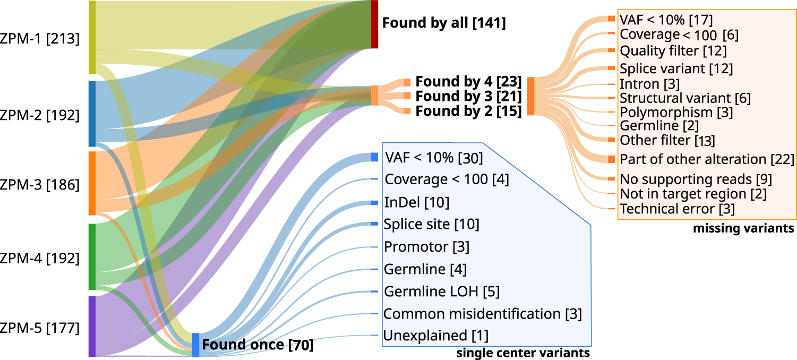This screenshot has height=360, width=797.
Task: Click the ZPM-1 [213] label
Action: click(40, 39)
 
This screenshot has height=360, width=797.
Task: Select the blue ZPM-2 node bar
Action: click(92, 114)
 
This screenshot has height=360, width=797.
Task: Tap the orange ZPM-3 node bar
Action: click(92, 183)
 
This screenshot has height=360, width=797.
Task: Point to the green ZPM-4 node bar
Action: click(92, 256)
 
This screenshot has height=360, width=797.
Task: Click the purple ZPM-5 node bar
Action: click(92, 326)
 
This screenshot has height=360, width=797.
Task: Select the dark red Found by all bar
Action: click(374, 24)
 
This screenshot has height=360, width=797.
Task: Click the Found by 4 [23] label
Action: click(469, 82)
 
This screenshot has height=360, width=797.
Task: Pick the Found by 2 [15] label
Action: click(469, 111)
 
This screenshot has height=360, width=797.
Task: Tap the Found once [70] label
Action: click(258, 345)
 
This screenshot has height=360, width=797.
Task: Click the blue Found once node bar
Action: click(195, 345)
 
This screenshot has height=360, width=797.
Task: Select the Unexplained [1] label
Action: click(436, 336)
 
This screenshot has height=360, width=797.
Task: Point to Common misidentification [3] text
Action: click(483, 314)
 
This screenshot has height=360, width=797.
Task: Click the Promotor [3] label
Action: click(426, 246)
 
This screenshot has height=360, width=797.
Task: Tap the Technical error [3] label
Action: click(678, 209)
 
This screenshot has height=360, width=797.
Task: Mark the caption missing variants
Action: click(743, 229)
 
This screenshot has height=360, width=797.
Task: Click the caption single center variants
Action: click(524, 353)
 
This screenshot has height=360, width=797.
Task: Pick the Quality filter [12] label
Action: click(673, 51)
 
